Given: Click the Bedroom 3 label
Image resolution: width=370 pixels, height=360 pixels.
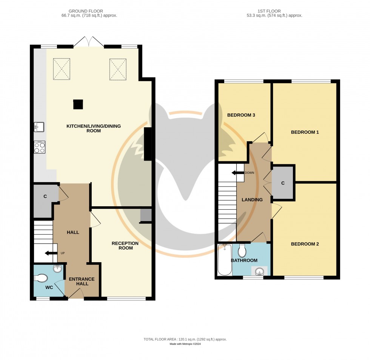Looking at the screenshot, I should point(241,115).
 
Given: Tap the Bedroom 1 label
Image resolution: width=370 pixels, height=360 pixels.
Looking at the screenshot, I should point(305,132).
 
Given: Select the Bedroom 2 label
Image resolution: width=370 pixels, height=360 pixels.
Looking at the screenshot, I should point(305,244).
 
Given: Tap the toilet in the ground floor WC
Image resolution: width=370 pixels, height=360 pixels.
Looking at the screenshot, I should point(41,278).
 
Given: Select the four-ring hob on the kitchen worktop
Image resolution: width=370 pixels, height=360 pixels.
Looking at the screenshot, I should point(39,147).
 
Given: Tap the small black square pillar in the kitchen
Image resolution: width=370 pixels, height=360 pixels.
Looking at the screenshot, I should point(78,104).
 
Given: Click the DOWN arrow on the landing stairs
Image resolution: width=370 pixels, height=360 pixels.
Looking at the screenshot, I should point(238,173).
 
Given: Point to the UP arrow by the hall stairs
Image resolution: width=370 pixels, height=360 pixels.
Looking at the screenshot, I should point(51,253).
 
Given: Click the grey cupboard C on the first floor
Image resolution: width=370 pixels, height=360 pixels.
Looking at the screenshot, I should point(283,182).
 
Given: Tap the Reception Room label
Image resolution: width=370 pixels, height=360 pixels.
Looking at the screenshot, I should point(125,246).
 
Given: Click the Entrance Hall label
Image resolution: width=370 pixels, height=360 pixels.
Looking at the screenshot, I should point(82,281).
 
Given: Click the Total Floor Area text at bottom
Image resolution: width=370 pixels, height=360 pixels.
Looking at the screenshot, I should point(185,339).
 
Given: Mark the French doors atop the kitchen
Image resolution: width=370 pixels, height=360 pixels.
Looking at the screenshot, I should point(88,42).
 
